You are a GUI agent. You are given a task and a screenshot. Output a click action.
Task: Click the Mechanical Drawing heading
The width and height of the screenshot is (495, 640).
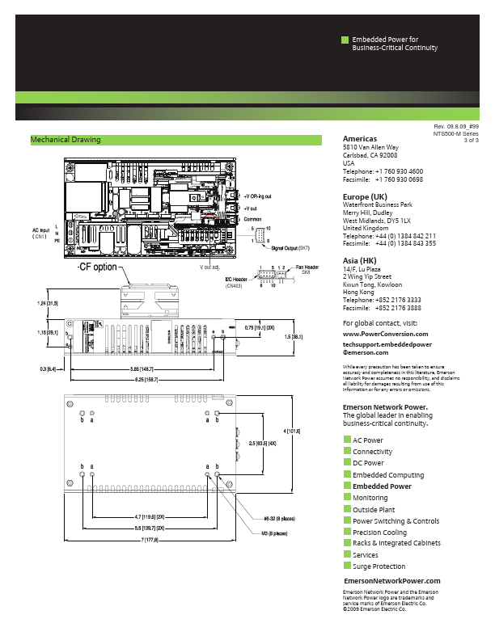click(x=66, y=140)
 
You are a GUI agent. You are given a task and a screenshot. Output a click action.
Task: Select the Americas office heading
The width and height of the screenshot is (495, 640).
click(x=360, y=139)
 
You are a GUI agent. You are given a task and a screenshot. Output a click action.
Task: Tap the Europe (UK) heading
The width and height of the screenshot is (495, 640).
click(x=366, y=197)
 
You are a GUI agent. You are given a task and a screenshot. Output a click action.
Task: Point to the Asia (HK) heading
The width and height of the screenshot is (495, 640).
click(x=361, y=260)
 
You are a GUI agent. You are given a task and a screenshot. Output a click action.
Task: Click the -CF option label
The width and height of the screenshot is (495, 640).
click(x=97, y=267)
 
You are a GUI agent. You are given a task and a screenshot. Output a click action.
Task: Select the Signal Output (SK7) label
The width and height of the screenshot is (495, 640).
click(x=290, y=247)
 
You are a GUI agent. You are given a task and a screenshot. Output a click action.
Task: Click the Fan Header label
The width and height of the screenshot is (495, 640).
click(x=307, y=267)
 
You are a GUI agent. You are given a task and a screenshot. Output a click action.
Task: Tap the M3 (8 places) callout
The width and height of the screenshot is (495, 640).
click(x=275, y=533)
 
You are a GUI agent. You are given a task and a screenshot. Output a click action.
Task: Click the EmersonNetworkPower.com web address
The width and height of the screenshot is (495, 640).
click(x=392, y=581)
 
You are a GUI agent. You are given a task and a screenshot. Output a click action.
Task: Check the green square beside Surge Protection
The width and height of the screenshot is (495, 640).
click(x=347, y=566)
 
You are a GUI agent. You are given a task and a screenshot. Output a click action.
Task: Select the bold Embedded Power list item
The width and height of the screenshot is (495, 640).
click(x=382, y=486)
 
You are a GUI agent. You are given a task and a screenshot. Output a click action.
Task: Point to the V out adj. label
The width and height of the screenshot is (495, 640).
click(x=210, y=266)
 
